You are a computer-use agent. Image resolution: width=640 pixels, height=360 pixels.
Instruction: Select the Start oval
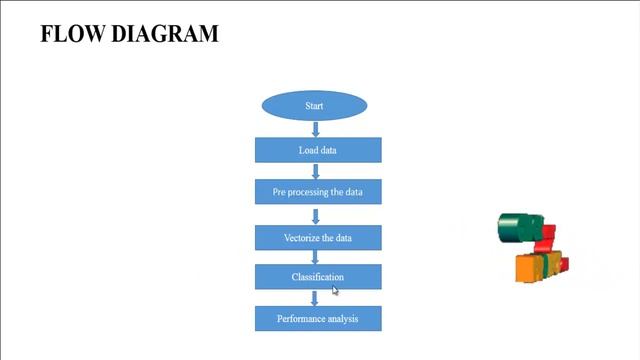(x=314, y=105)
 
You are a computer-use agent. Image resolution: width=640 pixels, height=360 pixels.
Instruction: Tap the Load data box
(x=318, y=150)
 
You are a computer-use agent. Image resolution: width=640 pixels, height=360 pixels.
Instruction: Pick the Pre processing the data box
(x=318, y=191)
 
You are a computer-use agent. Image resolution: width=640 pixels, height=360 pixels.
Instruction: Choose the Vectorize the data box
(x=318, y=238)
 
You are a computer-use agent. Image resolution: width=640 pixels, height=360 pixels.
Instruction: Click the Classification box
(x=318, y=277)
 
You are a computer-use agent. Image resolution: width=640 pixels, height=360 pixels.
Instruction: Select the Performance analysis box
(x=318, y=319)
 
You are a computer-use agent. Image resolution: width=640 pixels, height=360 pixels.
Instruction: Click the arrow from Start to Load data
(x=316, y=129)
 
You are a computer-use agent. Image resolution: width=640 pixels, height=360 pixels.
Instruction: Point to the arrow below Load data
(x=316, y=171)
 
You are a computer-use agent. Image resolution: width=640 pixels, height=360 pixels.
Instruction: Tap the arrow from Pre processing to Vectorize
(x=316, y=215)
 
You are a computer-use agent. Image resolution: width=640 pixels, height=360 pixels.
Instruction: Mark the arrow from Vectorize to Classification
(x=316, y=257)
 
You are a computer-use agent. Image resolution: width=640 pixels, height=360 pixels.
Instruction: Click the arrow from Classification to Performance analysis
(x=316, y=298)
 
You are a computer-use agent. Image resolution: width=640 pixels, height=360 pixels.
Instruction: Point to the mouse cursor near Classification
(x=335, y=290)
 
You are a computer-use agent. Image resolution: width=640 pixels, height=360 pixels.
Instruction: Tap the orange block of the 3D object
(x=525, y=268)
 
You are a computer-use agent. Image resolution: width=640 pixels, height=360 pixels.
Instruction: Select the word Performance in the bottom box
(x=302, y=319)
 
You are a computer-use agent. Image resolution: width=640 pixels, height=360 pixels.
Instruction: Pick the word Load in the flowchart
(x=308, y=150)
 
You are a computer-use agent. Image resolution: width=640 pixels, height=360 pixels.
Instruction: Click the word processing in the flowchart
(x=314, y=191)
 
